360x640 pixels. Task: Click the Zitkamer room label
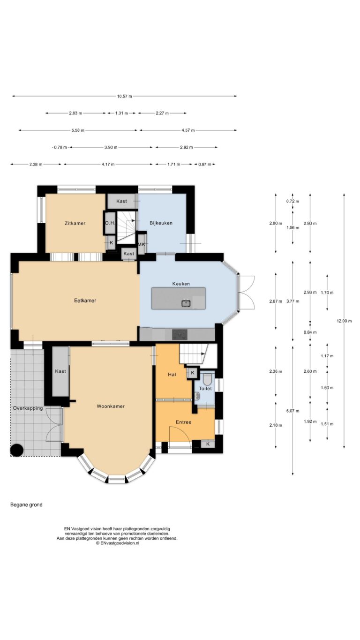75,224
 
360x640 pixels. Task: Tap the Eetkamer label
85,301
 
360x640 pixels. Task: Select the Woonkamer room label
111,407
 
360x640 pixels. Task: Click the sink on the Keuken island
186,303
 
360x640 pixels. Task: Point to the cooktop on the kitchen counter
180,335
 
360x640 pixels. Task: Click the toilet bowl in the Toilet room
207,379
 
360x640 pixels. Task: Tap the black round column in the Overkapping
16,450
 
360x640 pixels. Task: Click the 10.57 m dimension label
125,96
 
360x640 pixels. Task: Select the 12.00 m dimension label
344,321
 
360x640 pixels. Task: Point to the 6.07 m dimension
293,411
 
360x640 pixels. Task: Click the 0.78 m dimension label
60,147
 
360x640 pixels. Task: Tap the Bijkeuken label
161,223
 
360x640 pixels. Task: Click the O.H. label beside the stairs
110,223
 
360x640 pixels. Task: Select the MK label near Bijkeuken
142,245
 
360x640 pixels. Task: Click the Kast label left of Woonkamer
60,371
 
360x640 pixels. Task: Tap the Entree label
183,422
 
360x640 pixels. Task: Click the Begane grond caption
26,505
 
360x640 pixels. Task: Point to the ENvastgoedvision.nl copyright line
118,543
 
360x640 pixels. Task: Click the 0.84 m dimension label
310,332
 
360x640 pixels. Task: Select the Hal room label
172,375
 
